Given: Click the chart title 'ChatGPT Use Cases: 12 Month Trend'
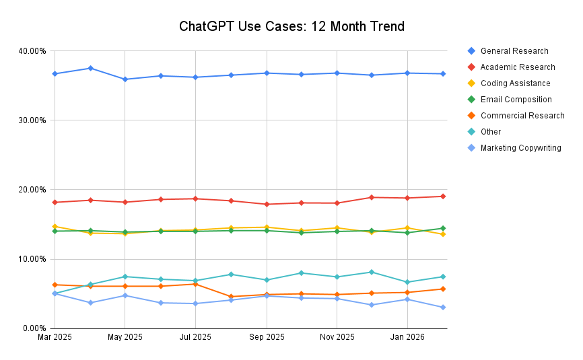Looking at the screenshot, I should (291, 27).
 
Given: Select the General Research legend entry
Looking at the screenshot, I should (514, 51).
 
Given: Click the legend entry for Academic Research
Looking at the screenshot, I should (517, 67).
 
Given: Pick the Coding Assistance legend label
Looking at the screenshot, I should (515, 83).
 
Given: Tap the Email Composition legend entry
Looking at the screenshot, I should (516, 100).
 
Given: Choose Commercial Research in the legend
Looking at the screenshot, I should (522, 116).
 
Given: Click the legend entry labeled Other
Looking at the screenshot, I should (490, 132).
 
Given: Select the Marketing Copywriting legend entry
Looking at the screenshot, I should (520, 148).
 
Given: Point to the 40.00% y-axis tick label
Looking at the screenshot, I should (32, 51).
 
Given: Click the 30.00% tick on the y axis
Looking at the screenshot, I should (32, 120).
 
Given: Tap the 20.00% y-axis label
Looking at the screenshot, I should (32, 190).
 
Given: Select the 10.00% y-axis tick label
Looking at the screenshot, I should (32, 259).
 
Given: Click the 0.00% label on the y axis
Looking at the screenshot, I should (34, 328).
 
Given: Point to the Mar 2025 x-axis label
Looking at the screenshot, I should (55, 337).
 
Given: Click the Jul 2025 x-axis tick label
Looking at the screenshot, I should (195, 337).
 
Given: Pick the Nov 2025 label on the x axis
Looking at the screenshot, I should (337, 337).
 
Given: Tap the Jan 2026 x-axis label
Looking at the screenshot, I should (407, 337).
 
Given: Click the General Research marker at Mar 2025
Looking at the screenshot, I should (55, 74).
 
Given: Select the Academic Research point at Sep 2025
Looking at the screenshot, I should (266, 205).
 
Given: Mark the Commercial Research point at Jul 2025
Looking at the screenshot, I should (195, 284).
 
